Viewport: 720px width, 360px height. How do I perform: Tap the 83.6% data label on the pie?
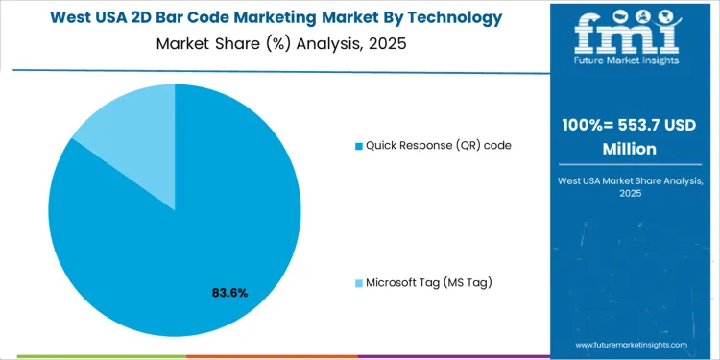(x=229, y=292)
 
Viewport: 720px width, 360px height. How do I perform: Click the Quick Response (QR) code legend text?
(x=438, y=145)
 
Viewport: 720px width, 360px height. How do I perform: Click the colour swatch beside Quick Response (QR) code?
(x=359, y=146)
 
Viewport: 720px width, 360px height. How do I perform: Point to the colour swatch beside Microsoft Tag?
(x=359, y=283)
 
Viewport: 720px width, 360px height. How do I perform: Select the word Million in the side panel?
(x=630, y=149)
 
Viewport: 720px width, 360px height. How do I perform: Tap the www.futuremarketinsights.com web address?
(x=631, y=344)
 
